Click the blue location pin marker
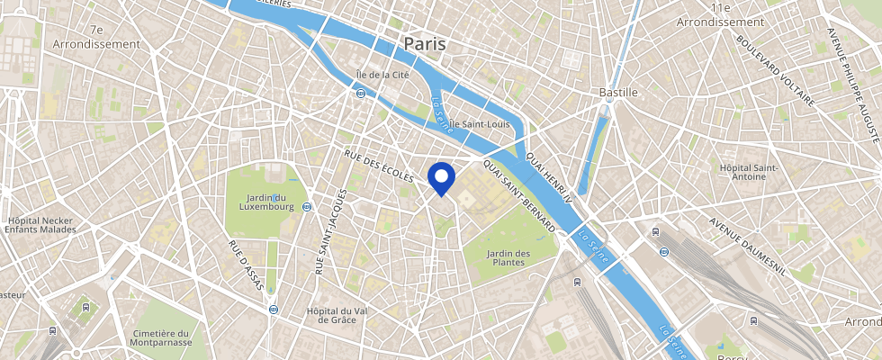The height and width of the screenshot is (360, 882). pyautogui.click(x=440, y=176)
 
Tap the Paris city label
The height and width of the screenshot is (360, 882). pyautogui.click(x=425, y=43)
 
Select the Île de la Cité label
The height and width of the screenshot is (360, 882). pyautogui.click(x=383, y=75)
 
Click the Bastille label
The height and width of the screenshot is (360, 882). pyautogui.click(x=618, y=92)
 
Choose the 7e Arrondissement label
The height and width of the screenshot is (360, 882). pyautogui.click(x=96, y=36)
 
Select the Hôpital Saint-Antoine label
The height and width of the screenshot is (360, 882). pyautogui.click(x=742, y=171)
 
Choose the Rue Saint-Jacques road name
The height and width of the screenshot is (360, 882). pyautogui.click(x=329, y=233)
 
